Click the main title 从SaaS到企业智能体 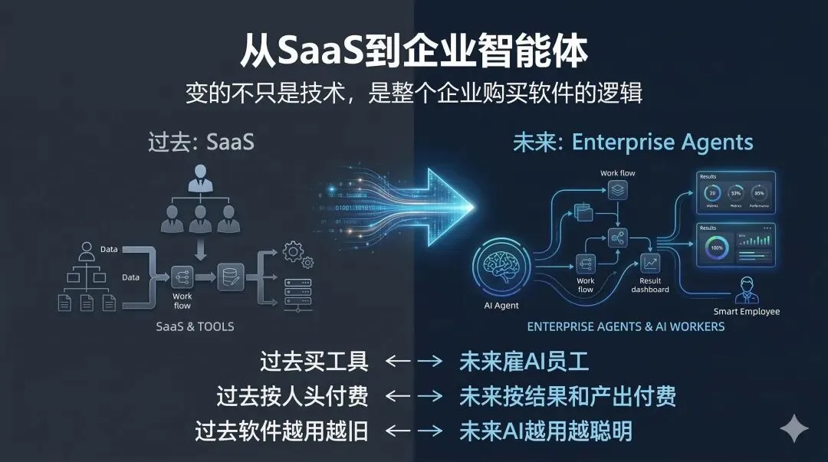tap(414, 51)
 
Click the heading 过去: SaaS tap(201, 143)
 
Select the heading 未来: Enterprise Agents tap(632, 143)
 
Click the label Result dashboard tap(650, 285)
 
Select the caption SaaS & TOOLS tap(195, 326)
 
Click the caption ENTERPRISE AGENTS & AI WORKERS tap(626, 326)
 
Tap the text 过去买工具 tap(314, 361)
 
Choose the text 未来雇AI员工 tap(524, 361)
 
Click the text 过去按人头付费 tap(292, 396)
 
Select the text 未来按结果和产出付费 tap(567, 396)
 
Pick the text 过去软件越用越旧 tap(281, 431)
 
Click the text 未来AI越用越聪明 tap(545, 431)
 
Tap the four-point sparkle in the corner tap(793, 428)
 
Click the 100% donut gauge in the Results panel tap(717, 248)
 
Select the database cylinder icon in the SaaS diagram tap(229, 276)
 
